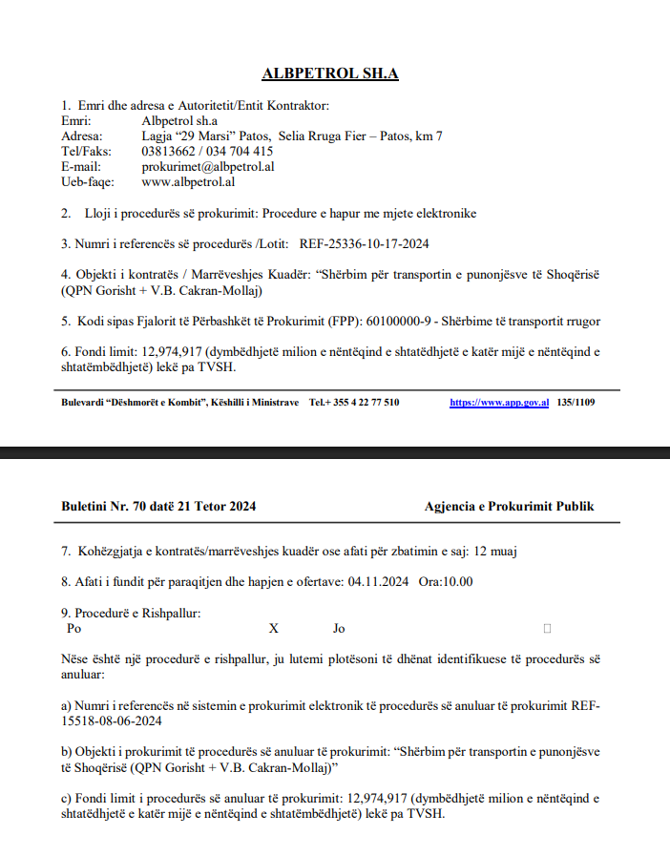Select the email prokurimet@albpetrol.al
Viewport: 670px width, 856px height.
[x=208, y=166]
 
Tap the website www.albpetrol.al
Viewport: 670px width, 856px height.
[x=188, y=181]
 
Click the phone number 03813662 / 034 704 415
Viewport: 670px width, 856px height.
[x=207, y=151]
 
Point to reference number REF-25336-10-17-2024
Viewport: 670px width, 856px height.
[x=364, y=243]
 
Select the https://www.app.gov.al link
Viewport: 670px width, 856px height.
[x=499, y=403]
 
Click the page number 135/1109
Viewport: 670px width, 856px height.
[x=576, y=403]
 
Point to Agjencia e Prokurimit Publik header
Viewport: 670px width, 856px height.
[x=509, y=507]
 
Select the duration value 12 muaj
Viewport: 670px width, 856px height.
[x=495, y=552]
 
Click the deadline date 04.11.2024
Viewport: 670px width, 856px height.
[x=380, y=581]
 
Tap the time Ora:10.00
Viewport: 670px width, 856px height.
[x=446, y=581]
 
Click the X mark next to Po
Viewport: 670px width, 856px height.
[x=274, y=629]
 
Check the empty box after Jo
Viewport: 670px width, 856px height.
[x=547, y=629]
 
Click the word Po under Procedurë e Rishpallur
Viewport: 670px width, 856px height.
[x=74, y=629]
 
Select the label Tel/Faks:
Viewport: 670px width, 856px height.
[x=86, y=151]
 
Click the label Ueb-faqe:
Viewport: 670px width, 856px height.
[x=88, y=181]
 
